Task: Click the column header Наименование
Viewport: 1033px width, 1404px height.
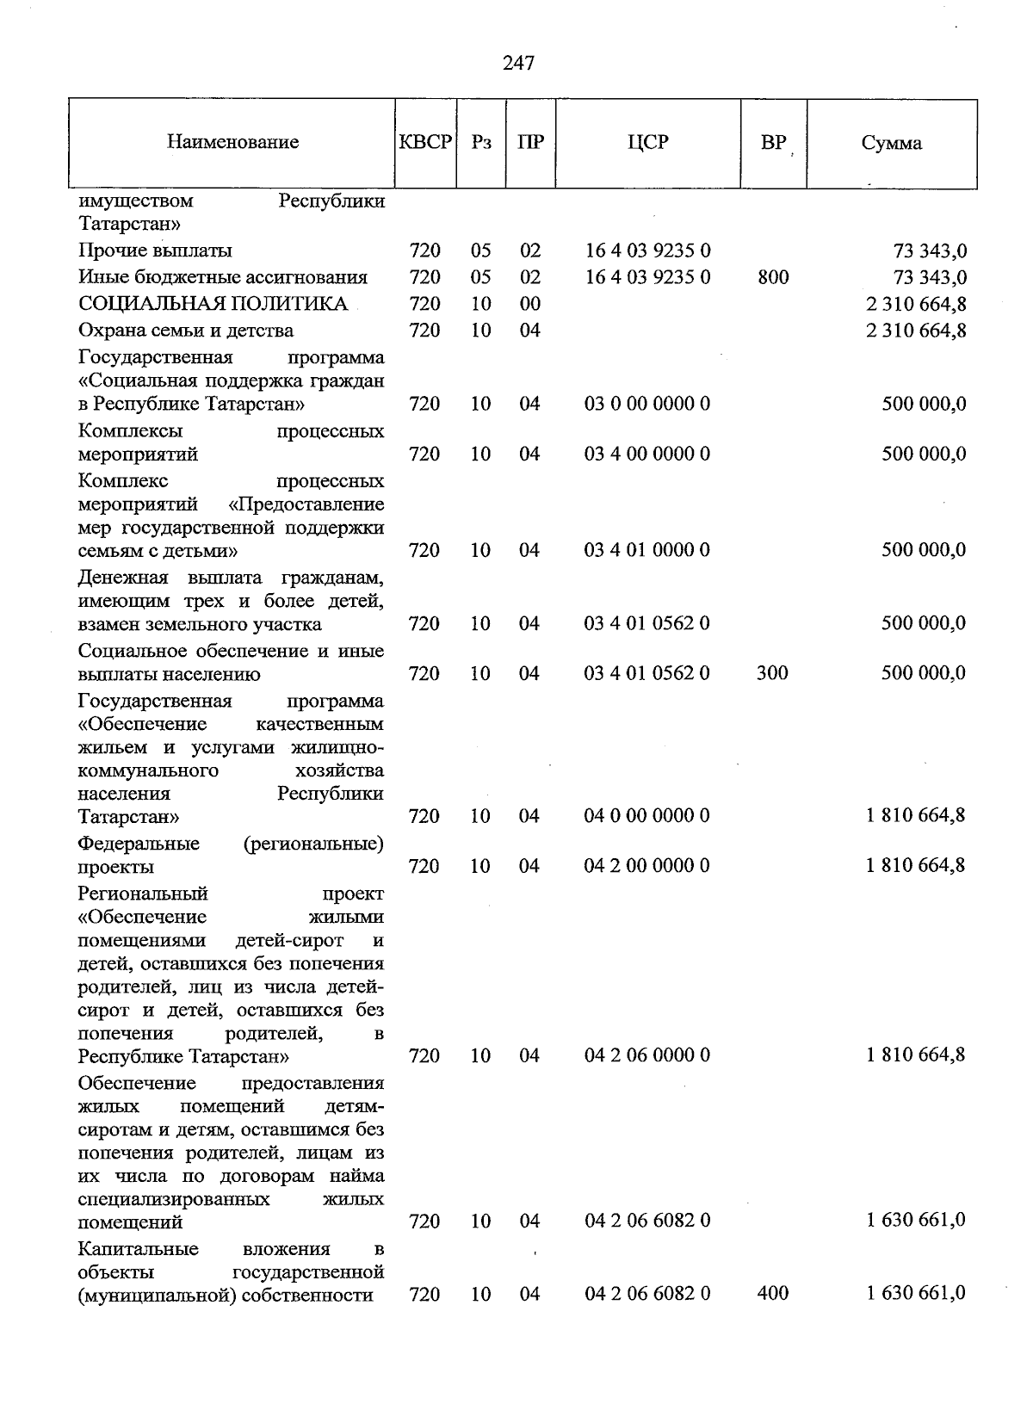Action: [232, 143]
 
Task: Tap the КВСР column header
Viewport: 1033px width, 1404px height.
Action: [425, 143]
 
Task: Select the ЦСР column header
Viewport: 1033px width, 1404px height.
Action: [647, 143]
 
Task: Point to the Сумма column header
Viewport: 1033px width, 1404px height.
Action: [891, 144]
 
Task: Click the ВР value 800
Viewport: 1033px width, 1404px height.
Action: [773, 277]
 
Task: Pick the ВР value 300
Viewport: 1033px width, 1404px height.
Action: [772, 673]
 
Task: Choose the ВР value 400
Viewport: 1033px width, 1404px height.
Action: [773, 1293]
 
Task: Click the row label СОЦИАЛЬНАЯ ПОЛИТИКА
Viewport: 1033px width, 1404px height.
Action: [213, 304]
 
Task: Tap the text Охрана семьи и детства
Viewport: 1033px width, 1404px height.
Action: [186, 331]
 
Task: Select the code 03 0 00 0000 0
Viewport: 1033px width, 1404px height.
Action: [647, 404]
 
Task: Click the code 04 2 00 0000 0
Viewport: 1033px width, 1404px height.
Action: [647, 866]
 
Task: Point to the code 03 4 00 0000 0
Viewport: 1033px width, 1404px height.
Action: [647, 454]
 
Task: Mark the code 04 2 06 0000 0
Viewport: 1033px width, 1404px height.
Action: [647, 1055]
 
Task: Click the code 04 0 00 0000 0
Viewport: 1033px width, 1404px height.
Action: [647, 816]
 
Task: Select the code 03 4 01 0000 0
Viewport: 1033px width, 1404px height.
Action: [647, 550]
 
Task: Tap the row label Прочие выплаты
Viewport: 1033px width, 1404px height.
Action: [155, 251]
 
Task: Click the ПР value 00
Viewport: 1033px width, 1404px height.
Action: [530, 304]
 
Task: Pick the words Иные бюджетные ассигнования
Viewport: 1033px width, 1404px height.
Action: [223, 277]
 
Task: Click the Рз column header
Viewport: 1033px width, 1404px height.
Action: [481, 143]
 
